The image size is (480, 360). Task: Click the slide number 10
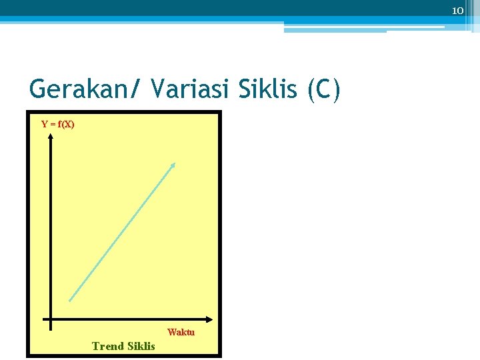pyautogui.click(x=457, y=11)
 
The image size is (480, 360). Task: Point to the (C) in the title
pyautogui.click(x=324, y=89)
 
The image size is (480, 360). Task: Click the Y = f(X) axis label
pyautogui.click(x=58, y=124)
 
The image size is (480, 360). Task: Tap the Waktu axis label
pyautogui.click(x=181, y=332)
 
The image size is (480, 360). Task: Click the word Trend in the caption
pyautogui.click(x=108, y=346)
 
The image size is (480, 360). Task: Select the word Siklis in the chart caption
pyautogui.click(x=141, y=346)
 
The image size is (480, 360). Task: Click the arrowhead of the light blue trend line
pyautogui.click(x=173, y=165)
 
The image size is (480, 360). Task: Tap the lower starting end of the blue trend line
pyautogui.click(x=70, y=300)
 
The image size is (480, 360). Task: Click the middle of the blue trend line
pyautogui.click(x=121, y=233)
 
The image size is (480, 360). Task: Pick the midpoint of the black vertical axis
pyautogui.click(x=51, y=230)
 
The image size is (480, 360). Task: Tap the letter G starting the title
pyautogui.click(x=38, y=89)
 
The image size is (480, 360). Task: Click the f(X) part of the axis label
pyautogui.click(x=67, y=124)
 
